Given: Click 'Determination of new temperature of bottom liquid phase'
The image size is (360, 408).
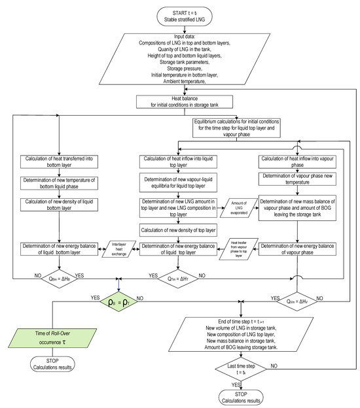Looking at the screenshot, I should pyautogui.click(x=58, y=186).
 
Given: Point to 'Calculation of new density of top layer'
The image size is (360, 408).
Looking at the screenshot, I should pyautogui.click(x=177, y=229).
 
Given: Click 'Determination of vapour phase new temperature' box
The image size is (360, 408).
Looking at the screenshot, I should pyautogui.click(x=298, y=178).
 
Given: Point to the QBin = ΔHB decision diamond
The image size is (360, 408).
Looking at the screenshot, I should pyautogui.click(x=58, y=277).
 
